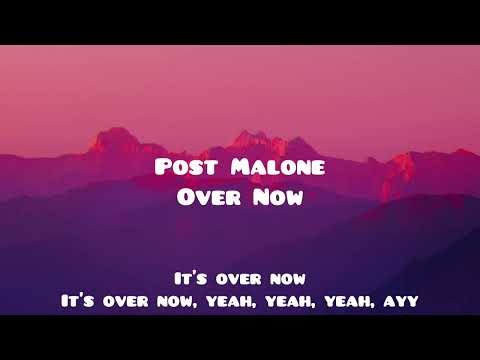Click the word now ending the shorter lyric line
click(286, 276)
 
